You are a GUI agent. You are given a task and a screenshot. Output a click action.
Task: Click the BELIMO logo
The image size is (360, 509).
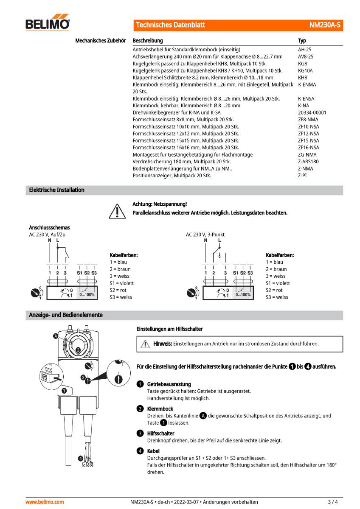pyautogui.click(x=48, y=24)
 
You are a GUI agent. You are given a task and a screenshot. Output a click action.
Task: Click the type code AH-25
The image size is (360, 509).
pyautogui.click(x=305, y=50)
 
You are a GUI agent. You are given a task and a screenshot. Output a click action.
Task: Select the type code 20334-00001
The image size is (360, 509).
pyautogui.click(x=312, y=112)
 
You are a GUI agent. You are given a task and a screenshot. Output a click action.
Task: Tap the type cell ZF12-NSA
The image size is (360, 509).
pyautogui.click(x=308, y=134)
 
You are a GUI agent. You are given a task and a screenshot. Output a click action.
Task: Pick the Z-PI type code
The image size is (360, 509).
pyautogui.click(x=302, y=175)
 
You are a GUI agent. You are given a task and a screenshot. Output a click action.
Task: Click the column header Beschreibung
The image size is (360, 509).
pyautogui.click(x=148, y=41)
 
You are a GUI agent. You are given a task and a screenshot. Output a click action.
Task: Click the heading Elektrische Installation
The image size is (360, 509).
pyautogui.click(x=56, y=190)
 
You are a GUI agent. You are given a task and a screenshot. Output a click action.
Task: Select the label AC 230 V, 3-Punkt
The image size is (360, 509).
pyautogui.click(x=205, y=234)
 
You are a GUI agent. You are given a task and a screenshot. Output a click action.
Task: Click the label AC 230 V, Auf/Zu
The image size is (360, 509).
pyautogui.click(x=47, y=234)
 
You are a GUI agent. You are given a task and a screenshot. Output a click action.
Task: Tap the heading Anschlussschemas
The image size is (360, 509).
pyautogui.click(x=49, y=227)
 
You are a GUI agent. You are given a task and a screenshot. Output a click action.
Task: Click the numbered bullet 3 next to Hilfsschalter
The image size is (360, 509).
pyautogui.click(x=140, y=433)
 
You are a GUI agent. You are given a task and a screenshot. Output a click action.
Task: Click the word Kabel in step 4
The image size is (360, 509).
pyautogui.click(x=154, y=451)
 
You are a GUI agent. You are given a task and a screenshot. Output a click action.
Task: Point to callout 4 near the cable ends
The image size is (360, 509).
pyautogui.click(x=80, y=458)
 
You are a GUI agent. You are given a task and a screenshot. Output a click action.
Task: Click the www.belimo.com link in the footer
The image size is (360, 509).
pyautogui.click(x=45, y=502)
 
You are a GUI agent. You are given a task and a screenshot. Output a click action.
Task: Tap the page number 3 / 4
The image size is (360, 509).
pyautogui.click(x=333, y=502)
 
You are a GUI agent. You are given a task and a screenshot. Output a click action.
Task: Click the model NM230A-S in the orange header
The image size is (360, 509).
pyautogui.click(x=324, y=25)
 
